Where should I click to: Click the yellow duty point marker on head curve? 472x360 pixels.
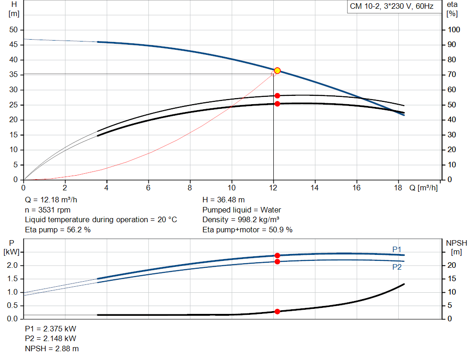point(277,71)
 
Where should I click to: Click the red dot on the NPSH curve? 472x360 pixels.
point(277,312)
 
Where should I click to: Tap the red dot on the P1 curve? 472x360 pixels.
point(277,255)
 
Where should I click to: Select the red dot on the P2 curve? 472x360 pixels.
point(277,262)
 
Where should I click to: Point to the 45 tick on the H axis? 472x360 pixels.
point(13,45)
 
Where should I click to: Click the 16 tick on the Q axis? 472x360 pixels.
point(356,188)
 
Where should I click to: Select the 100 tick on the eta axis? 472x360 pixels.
point(454,30)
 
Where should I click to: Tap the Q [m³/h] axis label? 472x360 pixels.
point(423,188)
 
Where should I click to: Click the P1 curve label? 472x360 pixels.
point(397,249)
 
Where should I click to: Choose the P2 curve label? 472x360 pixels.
point(397,267)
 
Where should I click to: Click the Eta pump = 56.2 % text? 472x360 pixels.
point(58,230)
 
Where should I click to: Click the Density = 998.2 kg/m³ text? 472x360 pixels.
point(241,220)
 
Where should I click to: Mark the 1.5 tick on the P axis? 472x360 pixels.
point(13,279)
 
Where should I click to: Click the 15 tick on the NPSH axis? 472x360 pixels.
point(453,279)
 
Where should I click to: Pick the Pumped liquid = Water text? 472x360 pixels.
point(242,210)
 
